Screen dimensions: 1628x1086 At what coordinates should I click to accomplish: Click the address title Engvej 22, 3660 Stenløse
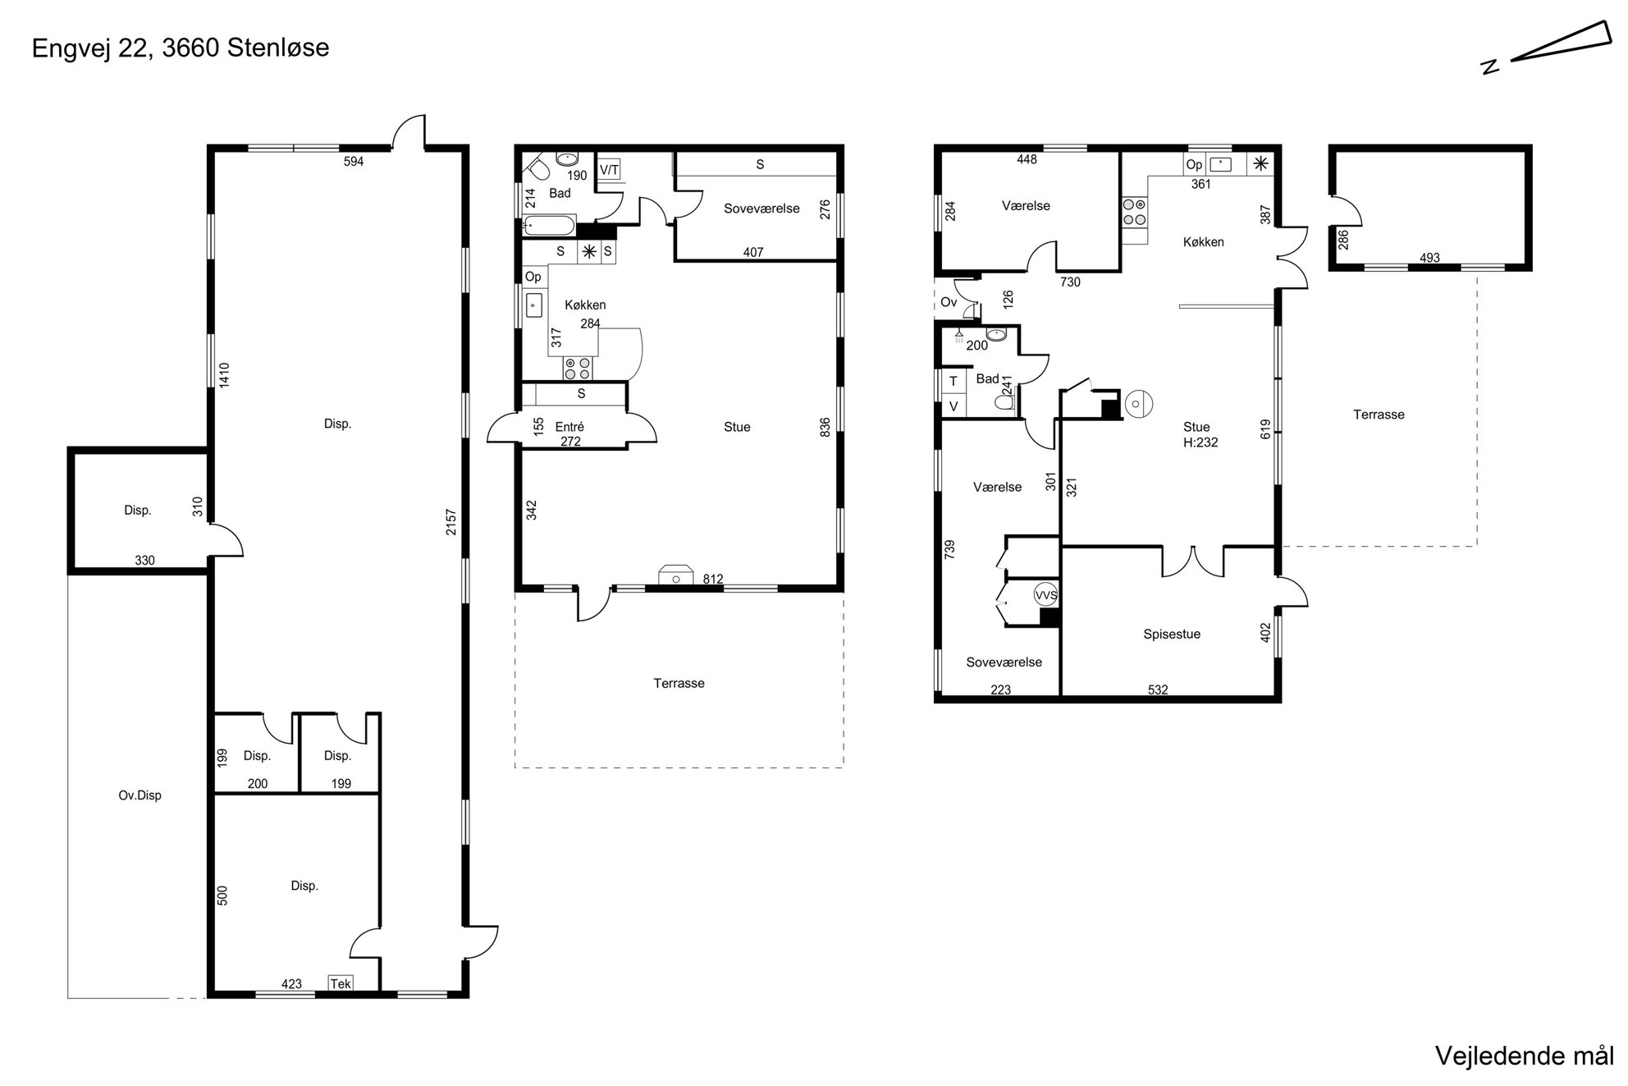click(x=181, y=48)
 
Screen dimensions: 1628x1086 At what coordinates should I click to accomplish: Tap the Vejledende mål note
click(x=1525, y=1056)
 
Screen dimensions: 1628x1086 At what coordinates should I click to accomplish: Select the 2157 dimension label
click(x=451, y=522)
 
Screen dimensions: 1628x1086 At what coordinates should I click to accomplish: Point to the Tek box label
click(x=341, y=983)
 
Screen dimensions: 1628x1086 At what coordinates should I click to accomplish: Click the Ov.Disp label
click(x=139, y=795)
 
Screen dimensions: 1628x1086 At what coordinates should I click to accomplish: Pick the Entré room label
click(x=569, y=427)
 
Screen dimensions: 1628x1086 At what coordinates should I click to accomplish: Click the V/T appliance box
click(x=609, y=170)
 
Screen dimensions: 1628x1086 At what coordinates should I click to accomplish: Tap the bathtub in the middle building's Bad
click(x=549, y=226)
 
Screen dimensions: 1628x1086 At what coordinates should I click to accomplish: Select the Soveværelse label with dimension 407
click(x=761, y=208)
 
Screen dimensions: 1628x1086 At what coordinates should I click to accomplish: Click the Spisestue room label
click(x=1172, y=634)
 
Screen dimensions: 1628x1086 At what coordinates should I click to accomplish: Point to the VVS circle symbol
click(x=1046, y=595)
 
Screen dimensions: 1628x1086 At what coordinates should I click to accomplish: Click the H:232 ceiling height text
click(x=1200, y=442)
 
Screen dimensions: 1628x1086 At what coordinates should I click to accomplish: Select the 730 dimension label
click(x=1070, y=282)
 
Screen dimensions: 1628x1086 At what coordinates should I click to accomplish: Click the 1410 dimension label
click(x=224, y=375)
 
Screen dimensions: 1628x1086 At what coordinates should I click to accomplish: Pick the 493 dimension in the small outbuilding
click(x=1429, y=258)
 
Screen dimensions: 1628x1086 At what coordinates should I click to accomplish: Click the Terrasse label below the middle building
click(x=679, y=683)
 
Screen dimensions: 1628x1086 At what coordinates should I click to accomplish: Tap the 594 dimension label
click(x=353, y=162)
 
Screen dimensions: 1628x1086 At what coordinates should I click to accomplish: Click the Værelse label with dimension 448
click(x=1026, y=206)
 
